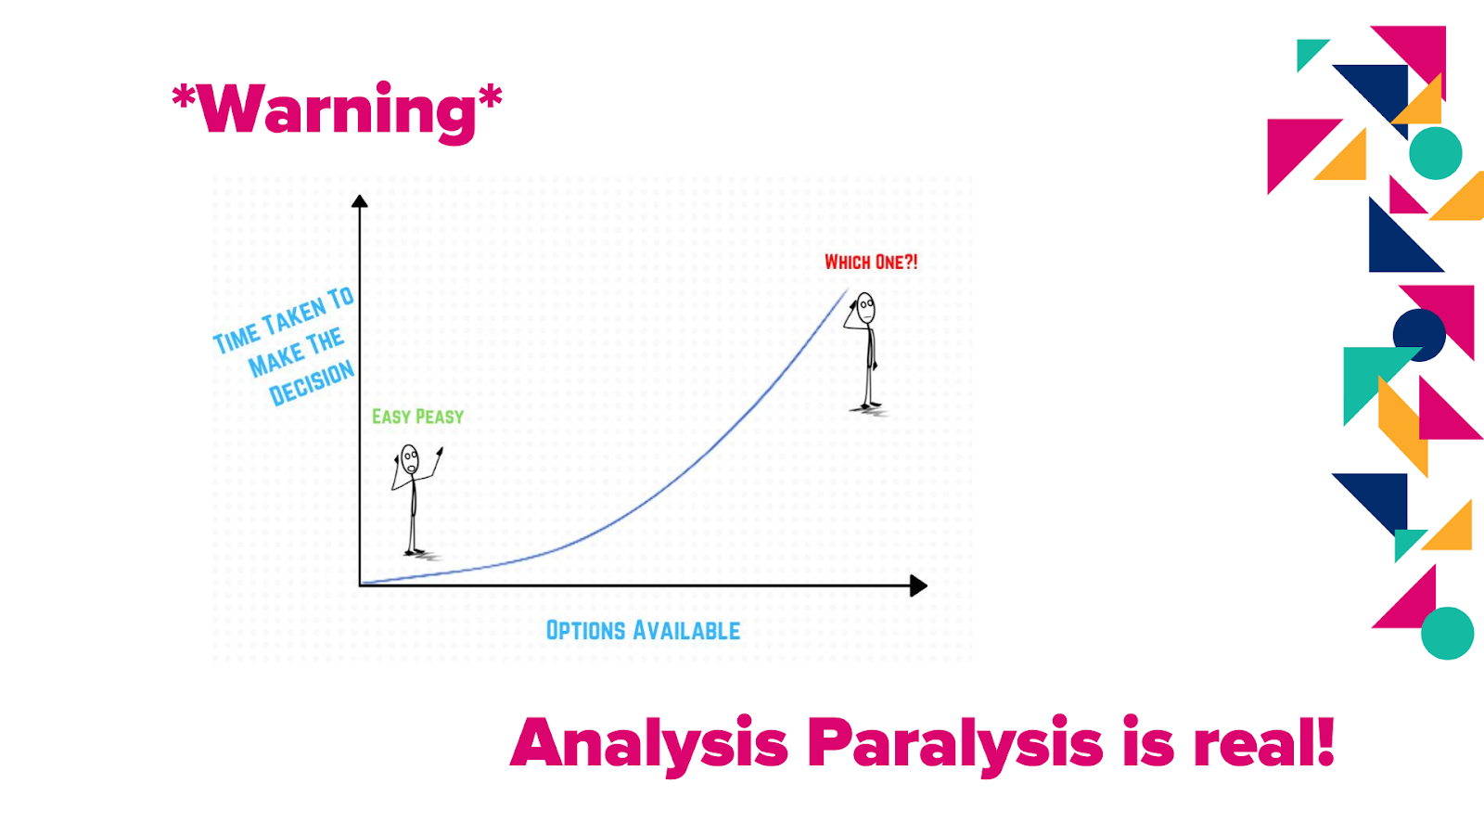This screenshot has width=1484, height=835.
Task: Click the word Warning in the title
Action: [x=337, y=112]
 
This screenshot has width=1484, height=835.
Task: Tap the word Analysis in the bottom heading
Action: [x=649, y=743]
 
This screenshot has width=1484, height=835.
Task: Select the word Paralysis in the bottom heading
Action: [x=954, y=743]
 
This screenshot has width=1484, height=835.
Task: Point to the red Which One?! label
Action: [x=871, y=263]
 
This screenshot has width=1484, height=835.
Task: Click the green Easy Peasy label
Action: [x=417, y=417]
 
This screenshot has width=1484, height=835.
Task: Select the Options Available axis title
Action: [x=643, y=630]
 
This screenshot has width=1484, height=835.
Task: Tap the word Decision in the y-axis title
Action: [x=312, y=384]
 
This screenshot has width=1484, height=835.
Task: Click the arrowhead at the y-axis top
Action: [x=359, y=200]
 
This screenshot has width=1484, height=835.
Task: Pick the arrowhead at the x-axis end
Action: [x=918, y=585]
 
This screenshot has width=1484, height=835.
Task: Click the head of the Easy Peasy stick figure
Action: [x=409, y=459]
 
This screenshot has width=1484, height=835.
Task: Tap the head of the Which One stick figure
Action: [x=866, y=308]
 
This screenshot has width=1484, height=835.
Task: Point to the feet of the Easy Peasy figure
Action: [x=415, y=551]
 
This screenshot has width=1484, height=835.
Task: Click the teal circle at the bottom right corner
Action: [x=1448, y=633]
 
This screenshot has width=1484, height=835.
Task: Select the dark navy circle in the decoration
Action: [x=1419, y=335]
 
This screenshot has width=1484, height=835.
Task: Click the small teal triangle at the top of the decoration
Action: [x=1309, y=52]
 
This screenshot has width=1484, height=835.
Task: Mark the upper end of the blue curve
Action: [x=848, y=289]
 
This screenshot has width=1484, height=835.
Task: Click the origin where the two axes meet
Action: [x=360, y=585]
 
